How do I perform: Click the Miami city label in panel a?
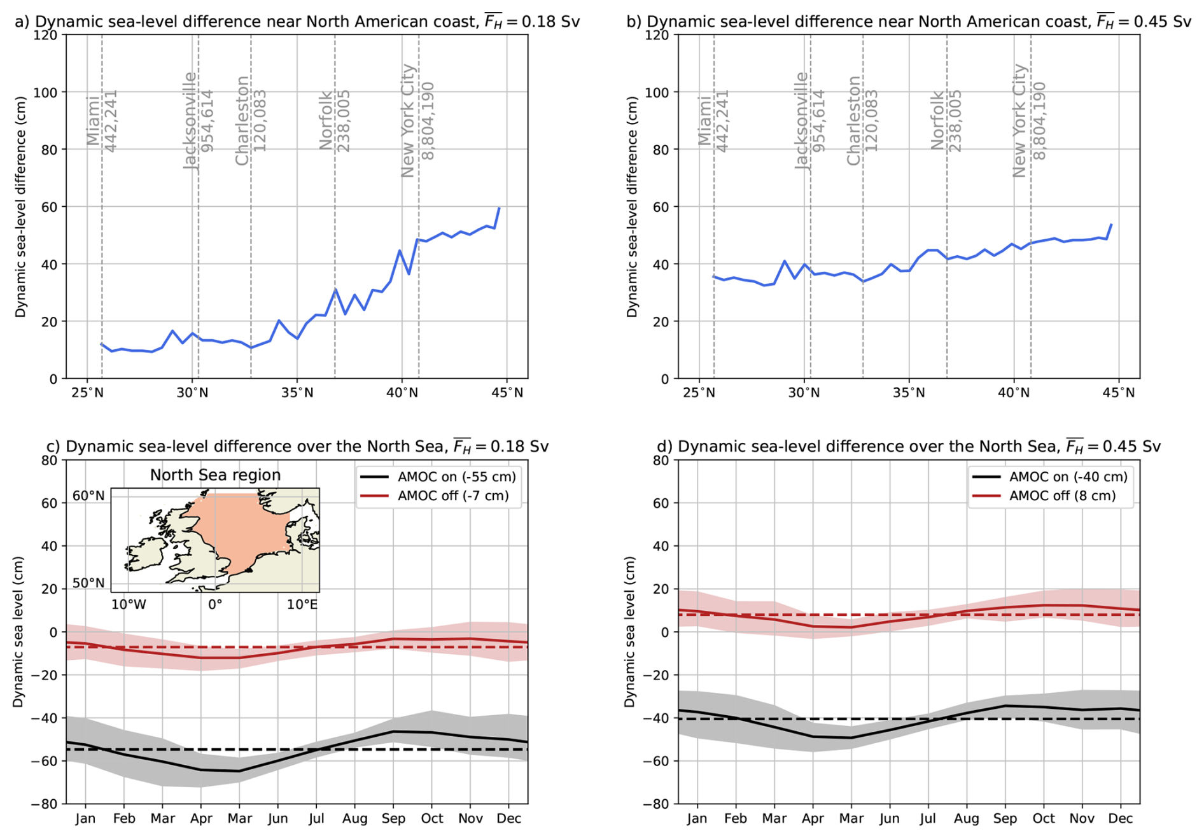(x=93, y=121)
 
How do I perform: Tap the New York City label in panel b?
(x=1019, y=120)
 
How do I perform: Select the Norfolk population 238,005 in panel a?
(x=344, y=121)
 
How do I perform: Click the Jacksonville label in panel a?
(x=190, y=121)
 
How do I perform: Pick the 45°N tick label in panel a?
(x=507, y=393)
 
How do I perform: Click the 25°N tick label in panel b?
(x=699, y=393)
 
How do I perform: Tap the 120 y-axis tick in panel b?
(x=657, y=36)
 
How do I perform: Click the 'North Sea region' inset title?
(x=215, y=475)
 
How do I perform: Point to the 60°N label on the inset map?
(x=88, y=496)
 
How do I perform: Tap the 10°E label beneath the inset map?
(x=302, y=604)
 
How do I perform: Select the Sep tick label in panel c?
(x=393, y=818)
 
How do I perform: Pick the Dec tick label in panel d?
(x=1121, y=818)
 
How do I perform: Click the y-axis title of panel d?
(x=629, y=631)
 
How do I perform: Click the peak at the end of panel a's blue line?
(x=499, y=208)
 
